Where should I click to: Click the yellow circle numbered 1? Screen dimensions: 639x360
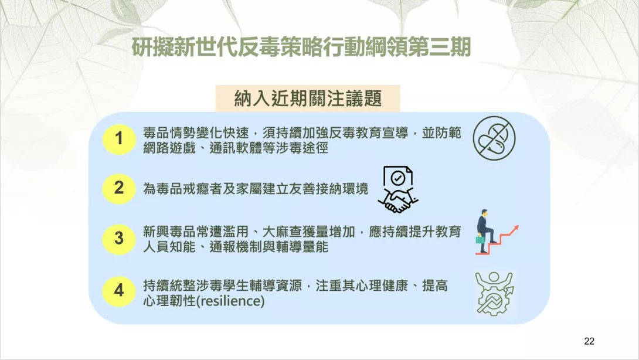[x=119, y=138]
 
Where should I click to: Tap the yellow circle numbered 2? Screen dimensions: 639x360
[x=119, y=188]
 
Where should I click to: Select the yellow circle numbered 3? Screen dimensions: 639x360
[x=119, y=239]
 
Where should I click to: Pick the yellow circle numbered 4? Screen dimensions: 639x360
[x=119, y=291]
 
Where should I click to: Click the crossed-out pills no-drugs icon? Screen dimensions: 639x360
[x=494, y=138]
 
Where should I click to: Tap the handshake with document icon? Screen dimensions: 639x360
[x=398, y=189]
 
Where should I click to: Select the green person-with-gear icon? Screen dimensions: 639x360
[x=494, y=293]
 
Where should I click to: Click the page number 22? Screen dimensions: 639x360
[x=589, y=341]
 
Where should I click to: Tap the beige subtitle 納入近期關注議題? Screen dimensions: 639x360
[x=308, y=99]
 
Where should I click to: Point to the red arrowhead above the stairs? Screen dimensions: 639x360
[x=515, y=228]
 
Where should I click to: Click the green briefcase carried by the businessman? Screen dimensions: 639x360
[x=480, y=239]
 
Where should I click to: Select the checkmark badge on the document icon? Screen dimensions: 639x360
[x=397, y=178]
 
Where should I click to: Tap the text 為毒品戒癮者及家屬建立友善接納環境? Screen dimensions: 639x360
[x=256, y=189]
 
